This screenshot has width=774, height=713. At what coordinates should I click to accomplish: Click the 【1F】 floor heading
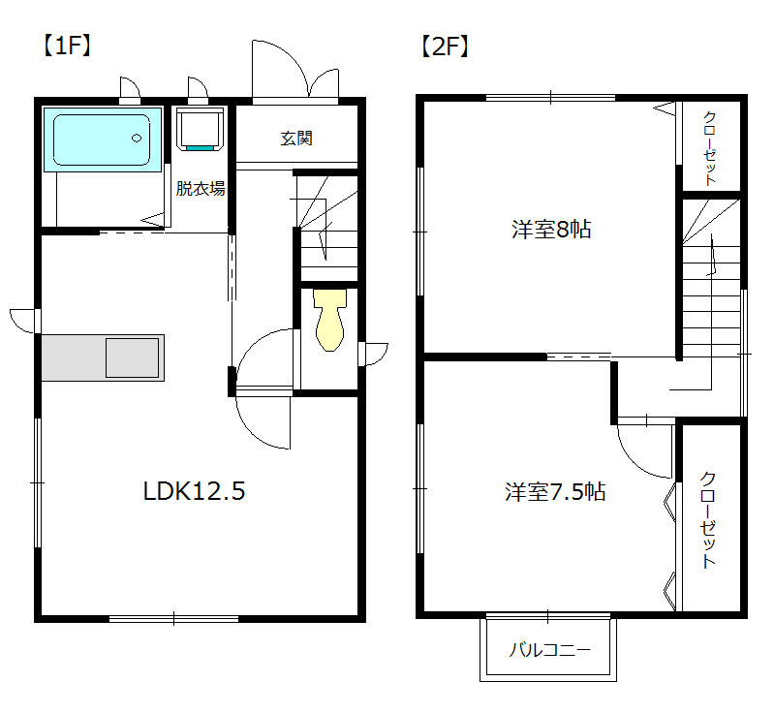coord(67,46)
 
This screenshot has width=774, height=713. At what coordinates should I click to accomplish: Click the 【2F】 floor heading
coord(445,46)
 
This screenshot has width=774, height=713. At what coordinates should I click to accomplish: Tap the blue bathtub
coord(103,139)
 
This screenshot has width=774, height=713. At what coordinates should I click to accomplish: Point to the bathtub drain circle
coord(137,139)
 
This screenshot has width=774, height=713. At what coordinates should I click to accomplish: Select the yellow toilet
coord(329,320)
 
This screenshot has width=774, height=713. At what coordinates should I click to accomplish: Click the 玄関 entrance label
coord(296,139)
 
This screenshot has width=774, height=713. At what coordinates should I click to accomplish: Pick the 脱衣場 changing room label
coord(201,188)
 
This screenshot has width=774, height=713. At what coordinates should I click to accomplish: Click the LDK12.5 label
coord(194,491)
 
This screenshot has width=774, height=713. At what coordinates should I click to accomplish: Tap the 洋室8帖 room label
coord(551,230)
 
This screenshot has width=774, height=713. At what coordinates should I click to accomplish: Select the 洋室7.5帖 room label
coord(555,492)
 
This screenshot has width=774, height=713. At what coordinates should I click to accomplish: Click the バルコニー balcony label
coord(550,650)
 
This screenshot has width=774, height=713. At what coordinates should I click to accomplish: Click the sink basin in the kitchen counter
coord(133,357)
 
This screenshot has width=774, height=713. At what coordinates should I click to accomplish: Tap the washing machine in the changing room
coord(200,129)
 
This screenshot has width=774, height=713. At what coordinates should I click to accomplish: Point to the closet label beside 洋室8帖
coord(710,148)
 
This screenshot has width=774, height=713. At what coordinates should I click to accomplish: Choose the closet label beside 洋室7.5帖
coord(708,520)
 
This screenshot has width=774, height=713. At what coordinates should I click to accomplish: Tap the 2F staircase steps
coord(711,277)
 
